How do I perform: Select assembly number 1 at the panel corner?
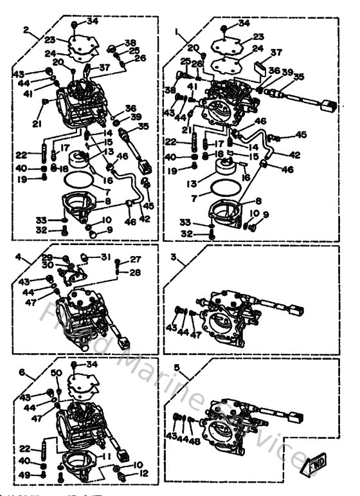tap(176, 30)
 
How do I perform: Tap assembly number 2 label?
tap(26, 30)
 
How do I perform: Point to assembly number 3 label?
tap(173, 257)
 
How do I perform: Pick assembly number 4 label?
tap(19, 259)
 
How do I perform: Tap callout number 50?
tap(56, 373)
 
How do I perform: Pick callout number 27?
tap(135, 259)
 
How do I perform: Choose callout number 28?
tap(135, 272)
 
